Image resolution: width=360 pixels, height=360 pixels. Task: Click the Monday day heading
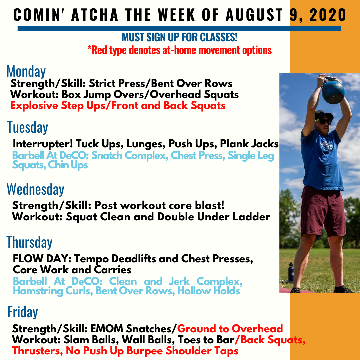(26, 71)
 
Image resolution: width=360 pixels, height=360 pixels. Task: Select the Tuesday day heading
(28, 127)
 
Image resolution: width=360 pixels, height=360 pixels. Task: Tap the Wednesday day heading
(36, 189)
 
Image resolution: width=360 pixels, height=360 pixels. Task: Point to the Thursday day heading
(30, 242)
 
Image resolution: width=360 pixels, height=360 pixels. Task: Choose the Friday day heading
(23, 312)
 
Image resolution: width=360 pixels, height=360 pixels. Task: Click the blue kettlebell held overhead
(333, 91)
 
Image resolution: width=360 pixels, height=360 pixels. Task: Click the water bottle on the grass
(291, 273)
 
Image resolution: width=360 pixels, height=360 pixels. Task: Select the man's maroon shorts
(323, 211)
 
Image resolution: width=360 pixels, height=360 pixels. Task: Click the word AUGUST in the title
(254, 15)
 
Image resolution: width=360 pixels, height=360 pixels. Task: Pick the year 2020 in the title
(328, 15)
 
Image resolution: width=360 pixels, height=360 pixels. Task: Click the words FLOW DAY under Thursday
(42, 259)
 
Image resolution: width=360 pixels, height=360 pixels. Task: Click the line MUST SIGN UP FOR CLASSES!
(179, 37)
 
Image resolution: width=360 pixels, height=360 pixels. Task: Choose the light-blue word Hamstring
(38, 291)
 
